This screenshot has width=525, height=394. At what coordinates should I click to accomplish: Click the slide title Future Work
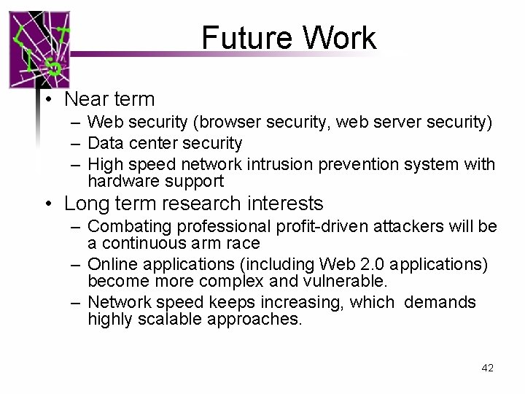[x=289, y=38]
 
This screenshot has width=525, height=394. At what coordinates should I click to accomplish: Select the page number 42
[x=488, y=368]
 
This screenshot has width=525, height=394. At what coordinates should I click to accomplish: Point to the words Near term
[x=109, y=98]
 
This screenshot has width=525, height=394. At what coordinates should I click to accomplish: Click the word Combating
[x=128, y=226]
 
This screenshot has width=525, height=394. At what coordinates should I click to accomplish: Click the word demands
[x=440, y=302]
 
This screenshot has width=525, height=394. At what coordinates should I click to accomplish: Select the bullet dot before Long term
[x=46, y=203]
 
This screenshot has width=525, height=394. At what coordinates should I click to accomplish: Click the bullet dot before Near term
[x=46, y=99]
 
